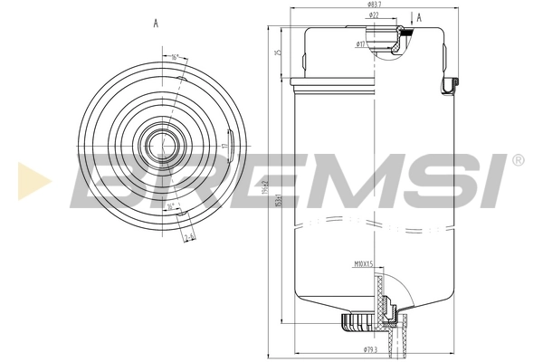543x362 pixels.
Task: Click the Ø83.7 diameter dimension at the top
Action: pos(372,6)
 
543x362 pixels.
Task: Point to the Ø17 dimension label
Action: pos(360,43)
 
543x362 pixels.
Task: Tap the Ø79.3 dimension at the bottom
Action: pos(369,349)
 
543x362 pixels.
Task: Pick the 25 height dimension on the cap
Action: pos(280,52)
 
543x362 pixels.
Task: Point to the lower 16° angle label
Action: pos(172,206)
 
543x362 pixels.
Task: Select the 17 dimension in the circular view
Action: pos(223,145)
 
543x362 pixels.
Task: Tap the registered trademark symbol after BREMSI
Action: pos(518,159)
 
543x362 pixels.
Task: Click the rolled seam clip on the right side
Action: pos(448,85)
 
